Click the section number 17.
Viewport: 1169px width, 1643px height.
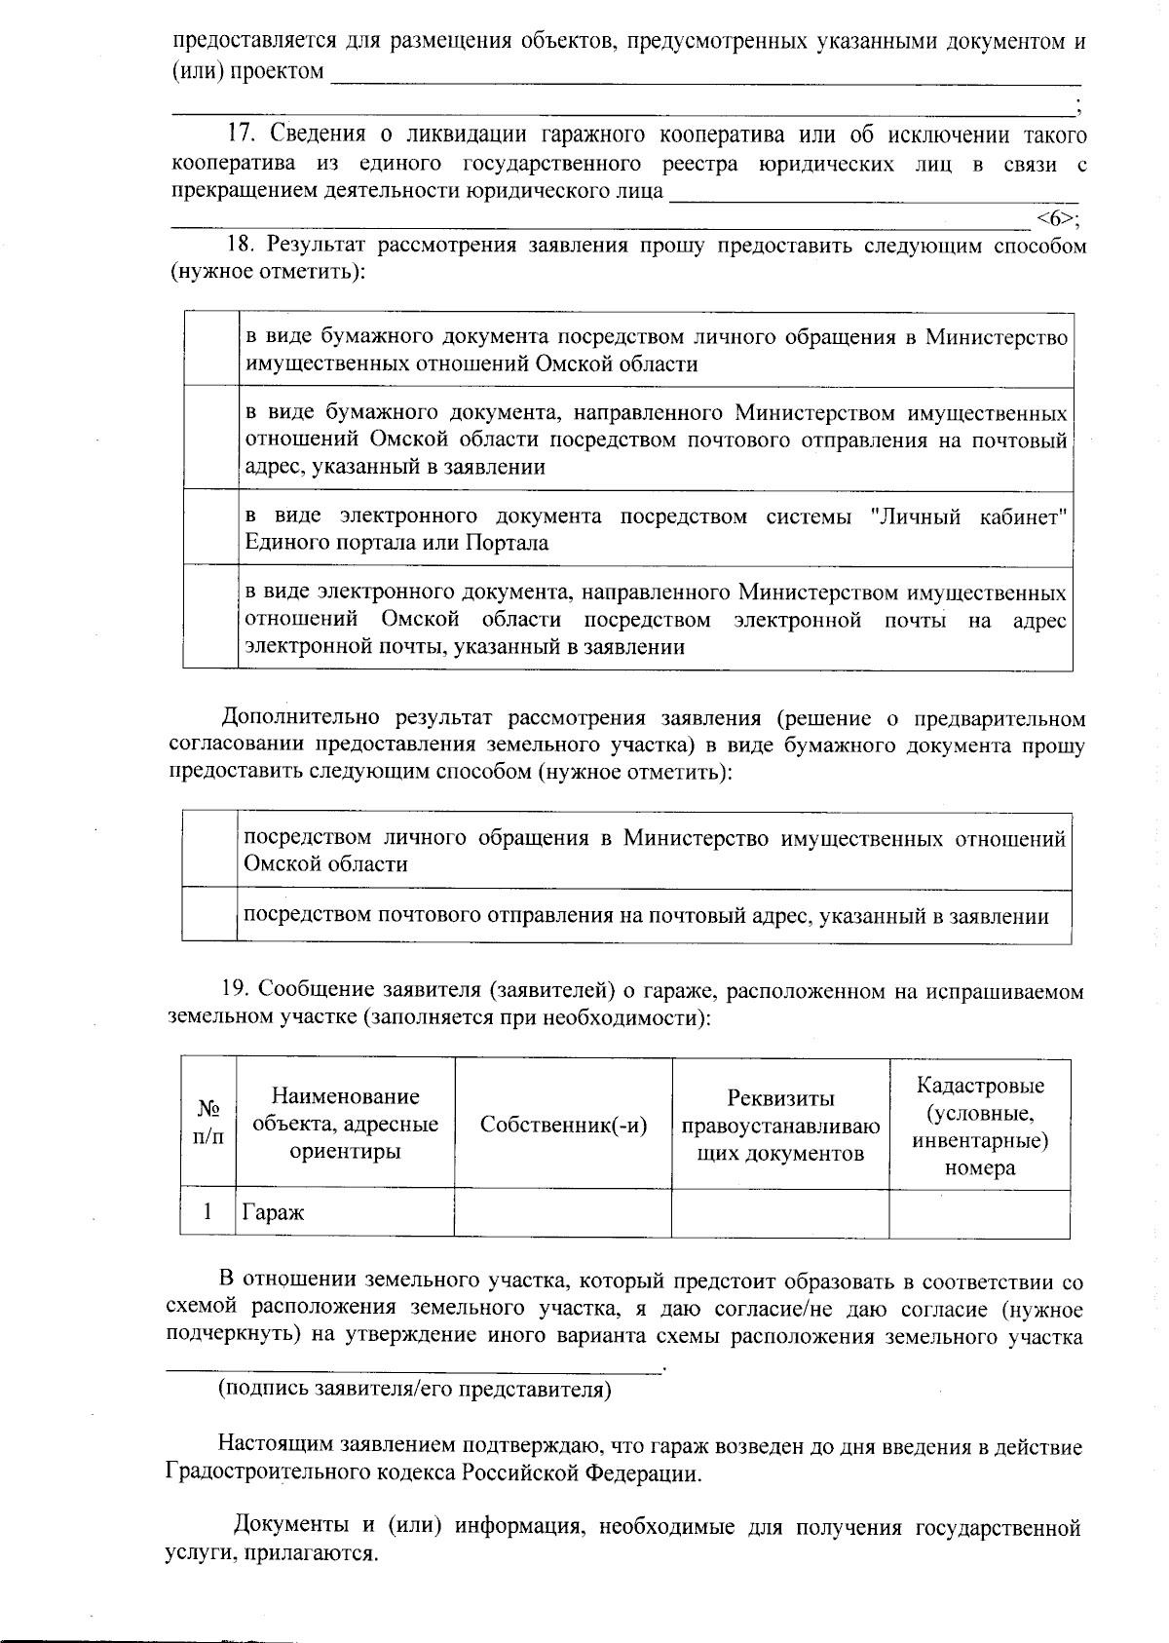coord(241,134)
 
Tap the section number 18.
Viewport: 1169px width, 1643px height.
coord(241,246)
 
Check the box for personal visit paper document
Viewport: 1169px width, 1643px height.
coord(211,350)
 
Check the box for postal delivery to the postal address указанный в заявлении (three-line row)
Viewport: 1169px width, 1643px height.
coord(211,439)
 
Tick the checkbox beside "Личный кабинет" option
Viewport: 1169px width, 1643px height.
coord(211,528)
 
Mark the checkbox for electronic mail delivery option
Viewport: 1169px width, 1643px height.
coord(211,619)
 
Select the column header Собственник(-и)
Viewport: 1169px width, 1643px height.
coord(563,1125)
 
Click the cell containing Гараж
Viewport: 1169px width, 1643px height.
coord(346,1213)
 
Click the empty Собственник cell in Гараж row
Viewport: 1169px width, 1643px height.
coord(563,1213)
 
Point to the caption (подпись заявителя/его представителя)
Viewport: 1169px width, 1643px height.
coord(414,1389)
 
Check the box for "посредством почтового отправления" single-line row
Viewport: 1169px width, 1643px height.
coord(210,915)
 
